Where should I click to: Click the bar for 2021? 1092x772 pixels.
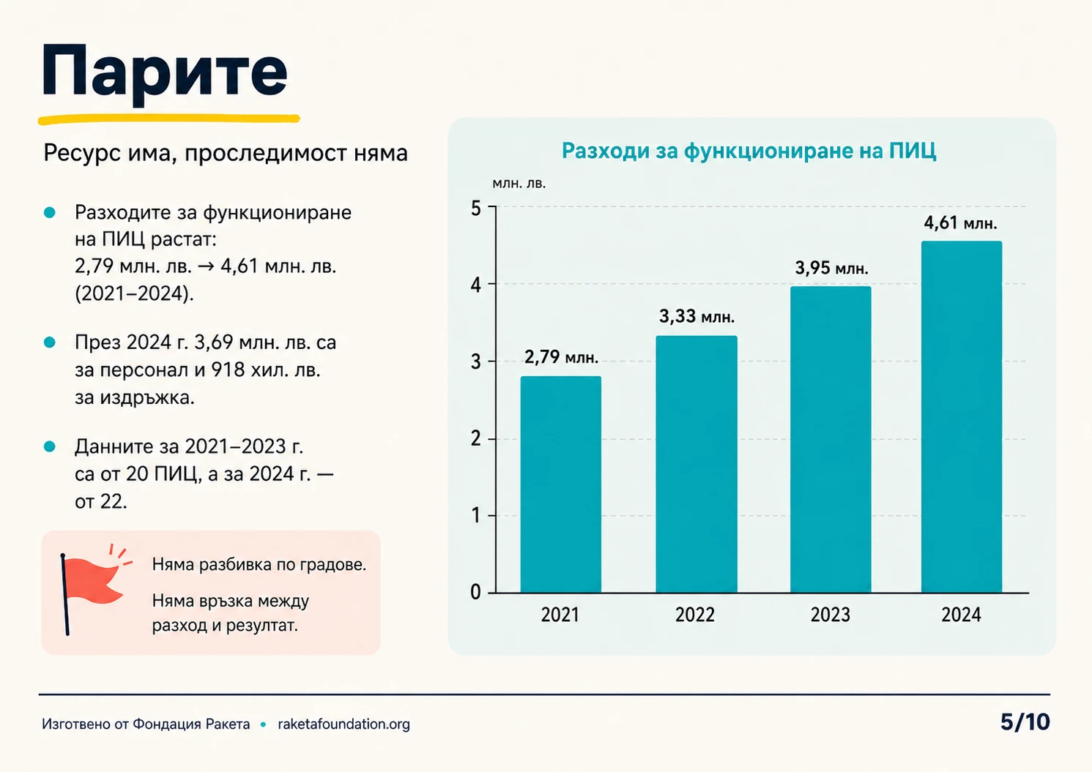click(x=560, y=484)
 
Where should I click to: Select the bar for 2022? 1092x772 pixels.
click(x=697, y=464)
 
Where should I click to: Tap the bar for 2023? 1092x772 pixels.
click(x=831, y=439)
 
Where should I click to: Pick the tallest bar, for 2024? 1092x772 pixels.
click(x=962, y=416)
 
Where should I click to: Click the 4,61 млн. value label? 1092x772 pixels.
click(x=960, y=223)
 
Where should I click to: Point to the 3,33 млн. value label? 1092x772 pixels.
click(x=697, y=317)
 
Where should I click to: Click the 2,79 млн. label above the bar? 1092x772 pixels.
click(x=561, y=358)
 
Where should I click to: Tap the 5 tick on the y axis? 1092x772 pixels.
click(x=476, y=209)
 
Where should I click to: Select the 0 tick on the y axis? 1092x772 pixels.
click(x=476, y=592)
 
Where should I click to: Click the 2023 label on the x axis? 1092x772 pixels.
click(x=831, y=615)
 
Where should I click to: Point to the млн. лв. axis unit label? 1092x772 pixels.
click(x=519, y=184)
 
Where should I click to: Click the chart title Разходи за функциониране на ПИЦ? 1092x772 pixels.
click(x=749, y=151)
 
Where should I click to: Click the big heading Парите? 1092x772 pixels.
click(x=165, y=74)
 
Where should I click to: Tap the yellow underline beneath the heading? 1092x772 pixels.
click(x=168, y=119)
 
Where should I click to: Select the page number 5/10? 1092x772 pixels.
click(x=1025, y=722)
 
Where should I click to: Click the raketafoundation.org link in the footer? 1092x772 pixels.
click(x=343, y=724)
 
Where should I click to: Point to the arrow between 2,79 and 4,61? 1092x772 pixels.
click(x=206, y=266)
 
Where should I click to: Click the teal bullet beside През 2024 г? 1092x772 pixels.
click(x=50, y=342)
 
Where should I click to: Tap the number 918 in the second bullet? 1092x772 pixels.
click(x=228, y=370)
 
